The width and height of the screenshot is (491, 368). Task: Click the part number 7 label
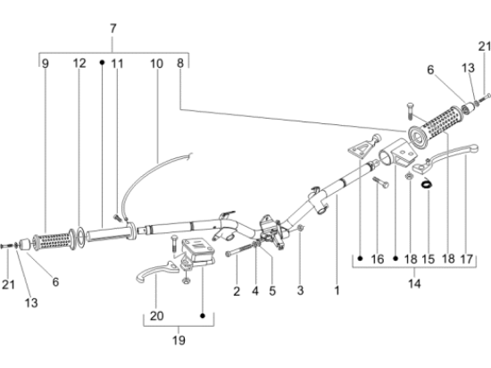(x=113, y=29)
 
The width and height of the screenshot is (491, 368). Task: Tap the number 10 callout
(x=156, y=64)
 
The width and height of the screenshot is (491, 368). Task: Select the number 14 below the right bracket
(x=414, y=284)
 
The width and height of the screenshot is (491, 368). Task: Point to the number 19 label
(x=179, y=340)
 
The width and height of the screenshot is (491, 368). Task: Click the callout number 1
(x=337, y=290)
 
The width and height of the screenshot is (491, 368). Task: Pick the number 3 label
(x=300, y=290)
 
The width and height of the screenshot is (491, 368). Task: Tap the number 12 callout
(x=79, y=63)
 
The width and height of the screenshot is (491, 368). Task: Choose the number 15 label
(x=428, y=259)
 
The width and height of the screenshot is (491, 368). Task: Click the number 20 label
(x=156, y=315)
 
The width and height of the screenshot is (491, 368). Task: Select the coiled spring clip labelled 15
(x=427, y=182)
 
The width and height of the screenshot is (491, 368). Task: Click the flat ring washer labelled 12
(x=79, y=238)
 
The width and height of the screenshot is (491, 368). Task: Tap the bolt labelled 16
(x=380, y=182)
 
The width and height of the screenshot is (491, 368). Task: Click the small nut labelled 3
(x=300, y=228)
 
